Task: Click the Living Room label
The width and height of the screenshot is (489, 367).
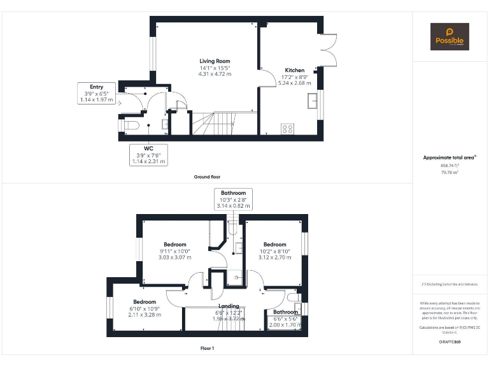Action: point(215,61)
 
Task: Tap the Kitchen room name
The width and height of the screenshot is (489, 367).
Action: point(294,70)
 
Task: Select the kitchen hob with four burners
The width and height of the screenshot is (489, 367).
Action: point(288,128)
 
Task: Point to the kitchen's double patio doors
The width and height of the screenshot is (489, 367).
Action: point(329,48)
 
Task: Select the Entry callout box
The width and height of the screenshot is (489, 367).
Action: point(96,93)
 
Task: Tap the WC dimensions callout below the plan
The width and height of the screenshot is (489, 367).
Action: point(148,155)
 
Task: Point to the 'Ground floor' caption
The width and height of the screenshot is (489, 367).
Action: point(207,176)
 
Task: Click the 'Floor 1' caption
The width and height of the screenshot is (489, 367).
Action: point(207,349)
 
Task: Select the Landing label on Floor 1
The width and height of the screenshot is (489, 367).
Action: point(229,306)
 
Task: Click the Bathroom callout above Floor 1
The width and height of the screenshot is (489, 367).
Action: point(233,199)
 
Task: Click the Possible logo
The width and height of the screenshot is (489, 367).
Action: point(450,36)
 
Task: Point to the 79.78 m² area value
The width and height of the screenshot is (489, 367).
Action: point(450,171)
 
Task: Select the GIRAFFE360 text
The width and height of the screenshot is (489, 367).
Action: point(450,342)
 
